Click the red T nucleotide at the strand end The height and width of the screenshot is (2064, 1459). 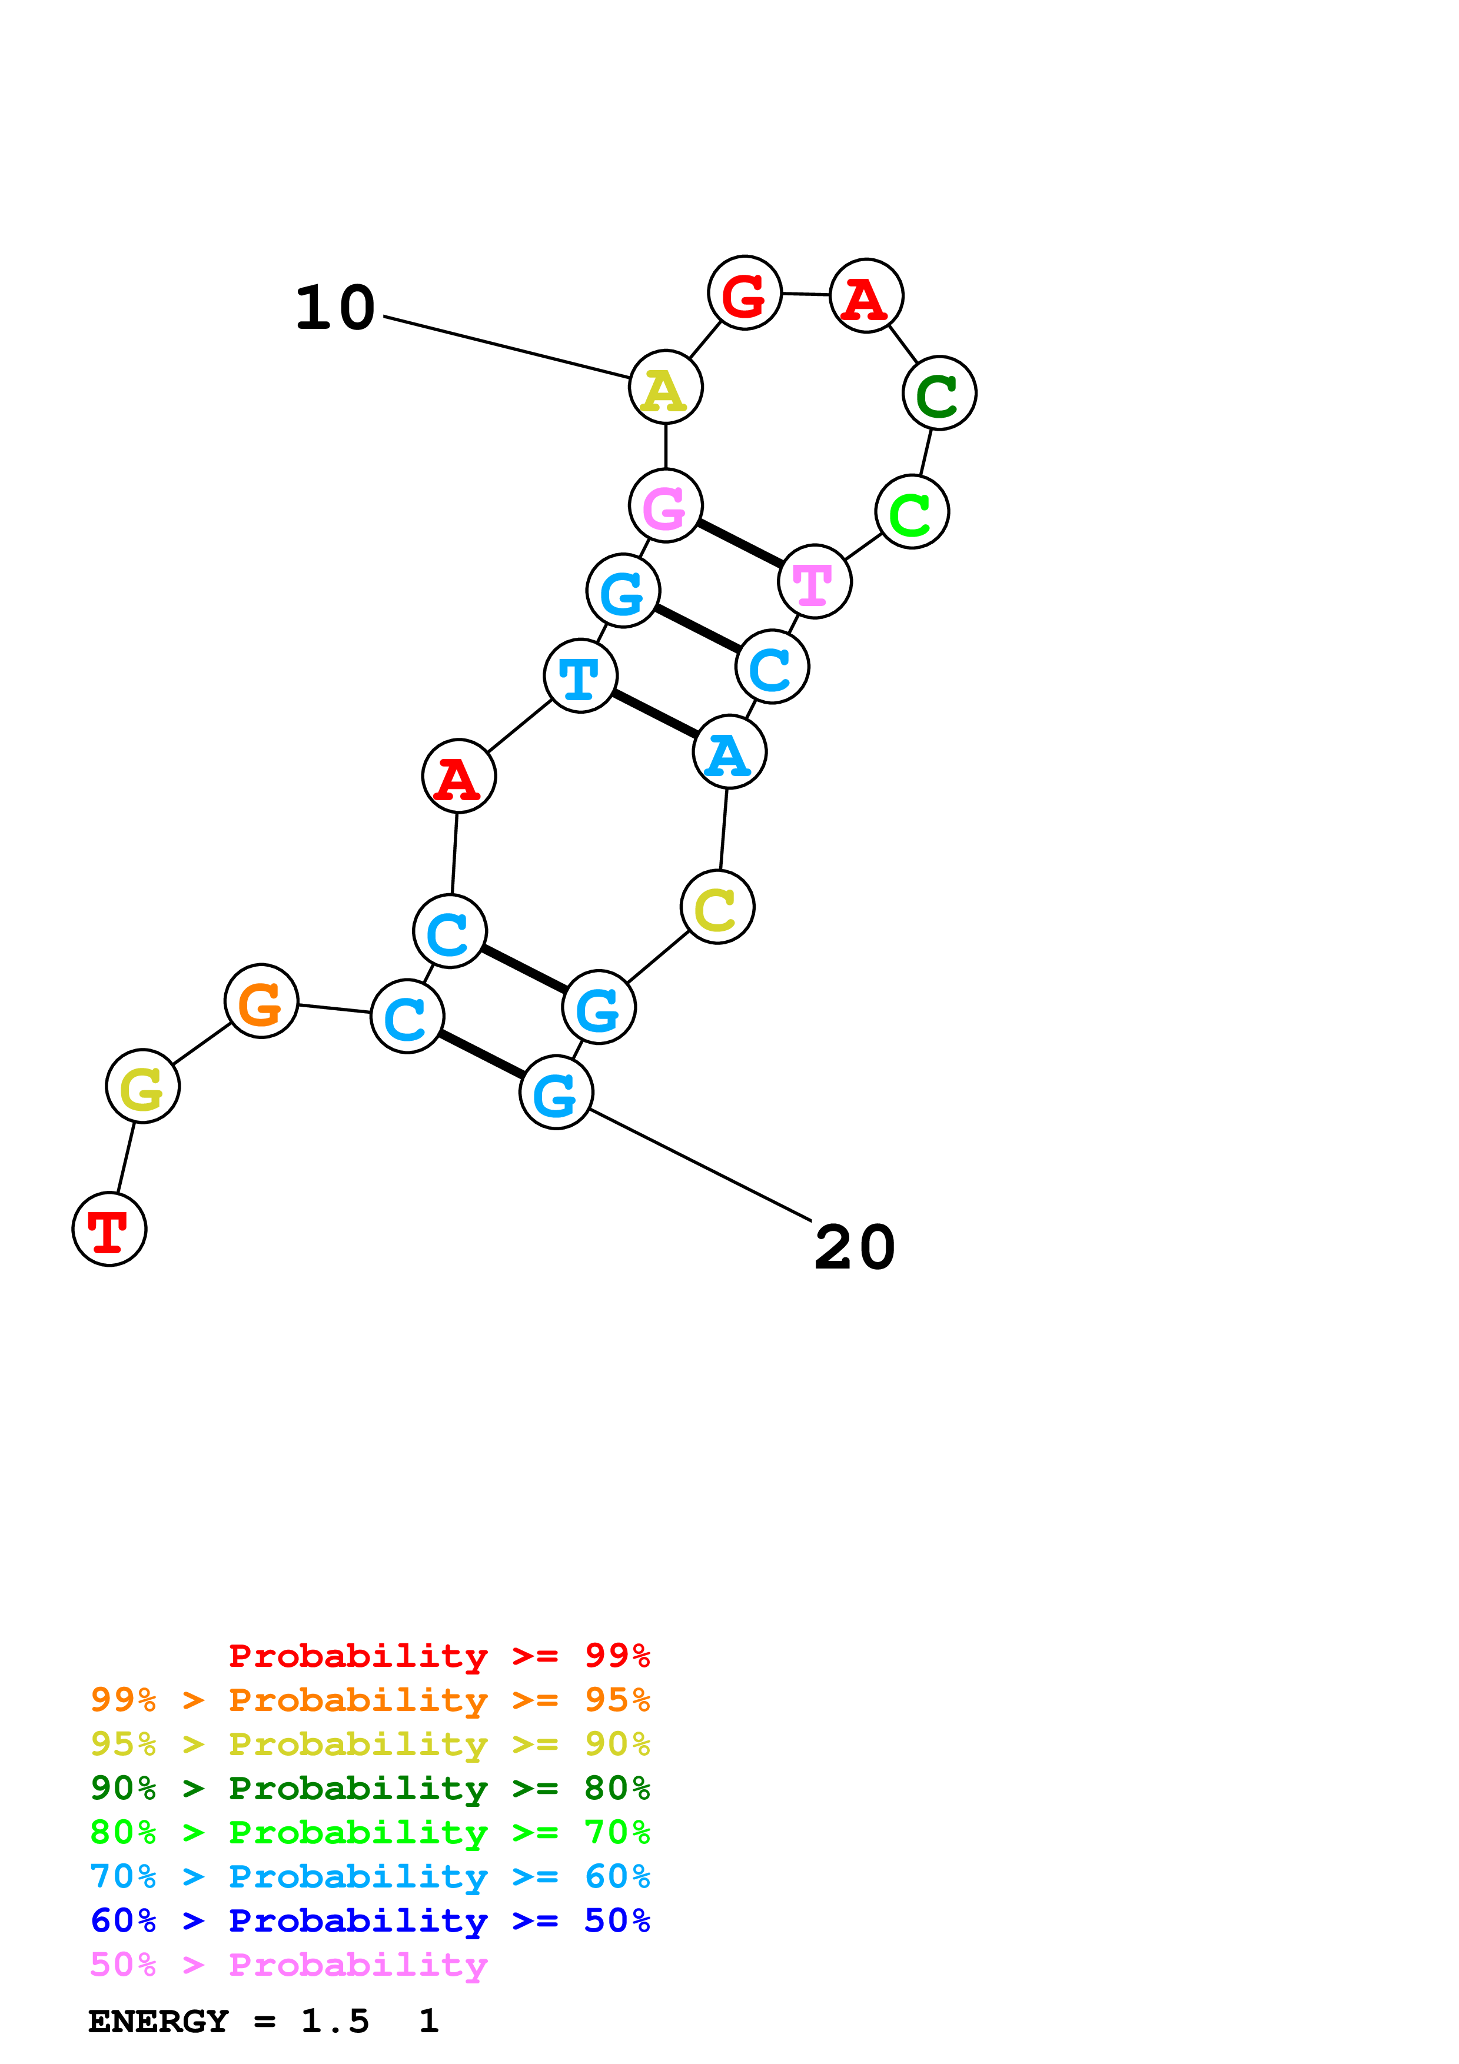pyautogui.click(x=109, y=1229)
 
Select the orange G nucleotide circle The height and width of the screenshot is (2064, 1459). pyautogui.click(x=261, y=1001)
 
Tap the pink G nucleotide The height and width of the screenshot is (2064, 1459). pyautogui.click(x=665, y=505)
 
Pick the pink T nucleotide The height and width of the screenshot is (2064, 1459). pyautogui.click(x=815, y=582)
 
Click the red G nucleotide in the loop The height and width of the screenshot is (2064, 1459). pyautogui.click(x=745, y=292)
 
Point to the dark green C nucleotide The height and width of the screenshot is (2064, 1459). pyautogui.click(x=939, y=393)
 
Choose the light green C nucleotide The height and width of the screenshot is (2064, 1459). pyautogui.click(x=912, y=511)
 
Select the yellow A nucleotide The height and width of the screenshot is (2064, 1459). pyautogui.click(x=665, y=388)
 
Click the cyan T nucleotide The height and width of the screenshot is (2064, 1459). pyautogui.click(x=581, y=675)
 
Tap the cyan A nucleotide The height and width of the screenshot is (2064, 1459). pyautogui.click(x=729, y=751)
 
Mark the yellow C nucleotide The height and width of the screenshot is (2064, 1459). pyautogui.click(x=717, y=907)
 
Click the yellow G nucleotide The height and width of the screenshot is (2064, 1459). pyautogui.click(x=142, y=1086)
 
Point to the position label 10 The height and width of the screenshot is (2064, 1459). pyautogui.click(x=334, y=308)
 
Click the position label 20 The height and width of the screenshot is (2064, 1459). pyautogui.click(x=854, y=1248)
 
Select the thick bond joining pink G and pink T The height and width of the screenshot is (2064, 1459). pyautogui.click(x=740, y=544)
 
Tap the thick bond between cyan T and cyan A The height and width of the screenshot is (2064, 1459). pyautogui.click(x=654, y=714)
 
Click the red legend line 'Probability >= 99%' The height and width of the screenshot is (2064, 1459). pyautogui.click(x=438, y=1655)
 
